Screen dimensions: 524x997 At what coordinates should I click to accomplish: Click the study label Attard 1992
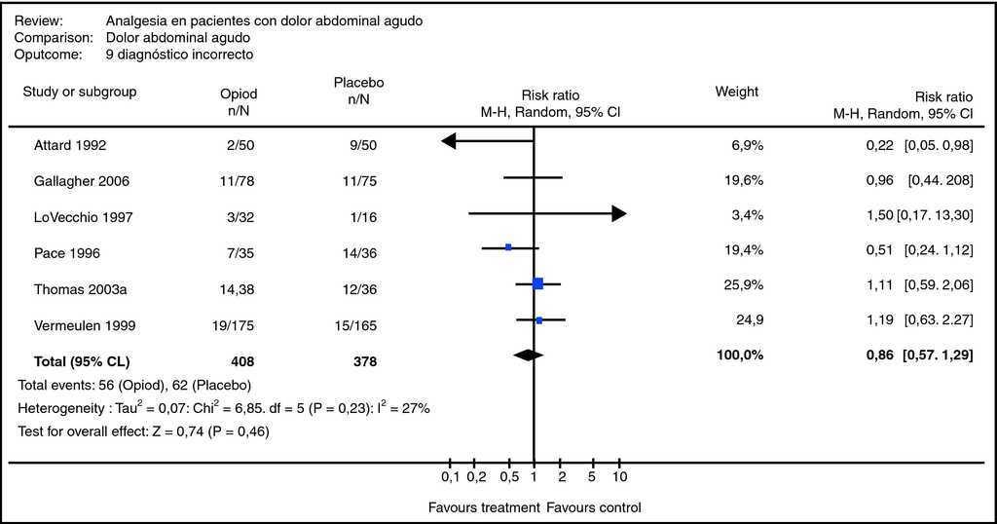tap(69, 146)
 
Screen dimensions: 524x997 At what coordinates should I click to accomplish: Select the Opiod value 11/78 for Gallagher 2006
tap(238, 181)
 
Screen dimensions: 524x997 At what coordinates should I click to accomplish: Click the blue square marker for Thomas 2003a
tap(537, 283)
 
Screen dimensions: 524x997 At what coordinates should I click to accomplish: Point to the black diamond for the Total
tap(529, 356)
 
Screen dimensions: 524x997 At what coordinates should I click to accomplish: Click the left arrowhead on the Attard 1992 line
tap(449, 141)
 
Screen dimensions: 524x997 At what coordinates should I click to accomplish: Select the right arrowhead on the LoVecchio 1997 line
tap(618, 214)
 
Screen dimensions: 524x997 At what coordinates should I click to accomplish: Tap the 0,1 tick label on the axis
tap(449, 477)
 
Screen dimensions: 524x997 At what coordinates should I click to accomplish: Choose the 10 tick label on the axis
tap(619, 477)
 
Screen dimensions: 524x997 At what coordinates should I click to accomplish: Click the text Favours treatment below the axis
tap(484, 507)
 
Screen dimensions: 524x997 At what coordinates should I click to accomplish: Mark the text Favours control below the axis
tap(594, 507)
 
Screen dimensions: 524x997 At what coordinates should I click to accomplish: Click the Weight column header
tap(737, 93)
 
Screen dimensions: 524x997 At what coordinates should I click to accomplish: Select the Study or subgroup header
tap(80, 93)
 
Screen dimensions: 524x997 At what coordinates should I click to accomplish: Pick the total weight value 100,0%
tap(740, 355)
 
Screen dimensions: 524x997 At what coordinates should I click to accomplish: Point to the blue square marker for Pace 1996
tap(508, 247)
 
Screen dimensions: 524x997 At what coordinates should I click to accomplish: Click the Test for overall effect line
tap(143, 430)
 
